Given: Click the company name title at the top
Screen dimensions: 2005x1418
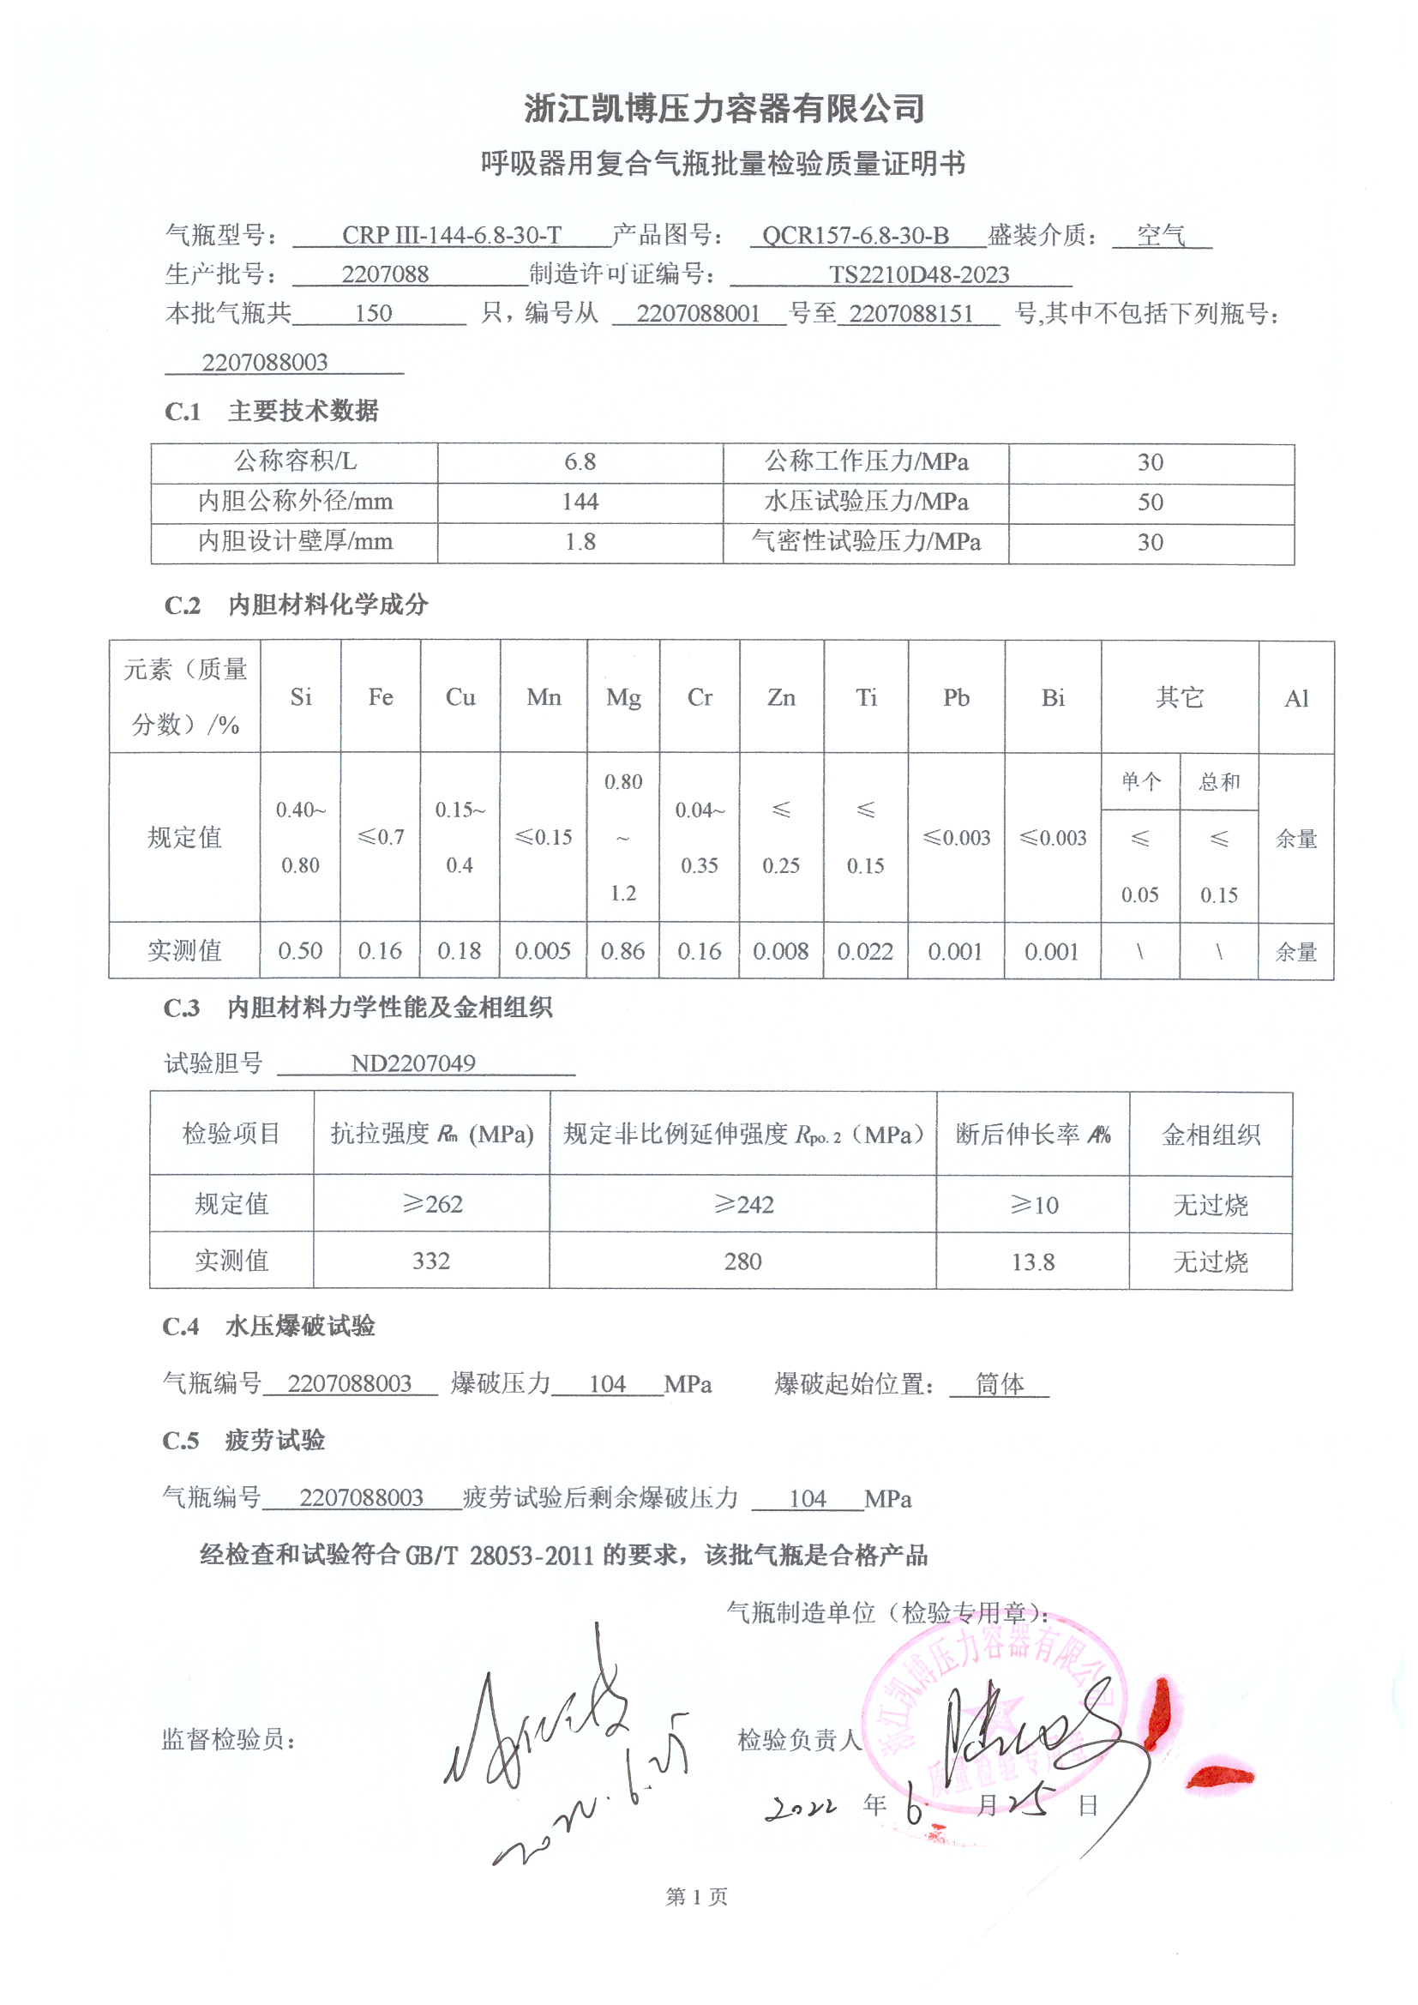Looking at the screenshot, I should (724, 109).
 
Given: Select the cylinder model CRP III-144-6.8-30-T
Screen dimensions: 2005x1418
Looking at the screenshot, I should (452, 235).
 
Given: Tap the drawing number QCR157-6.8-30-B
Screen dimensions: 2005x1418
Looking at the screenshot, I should (855, 235).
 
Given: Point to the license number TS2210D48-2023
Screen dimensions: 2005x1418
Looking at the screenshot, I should (918, 274).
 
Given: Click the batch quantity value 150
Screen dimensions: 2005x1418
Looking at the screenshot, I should (373, 314).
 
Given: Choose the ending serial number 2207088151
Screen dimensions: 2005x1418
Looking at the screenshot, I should (910, 314).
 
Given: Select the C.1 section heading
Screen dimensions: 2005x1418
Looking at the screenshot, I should (271, 411).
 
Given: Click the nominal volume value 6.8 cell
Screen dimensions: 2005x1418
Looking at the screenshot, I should (580, 462).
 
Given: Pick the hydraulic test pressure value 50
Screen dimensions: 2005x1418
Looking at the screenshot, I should (1150, 503).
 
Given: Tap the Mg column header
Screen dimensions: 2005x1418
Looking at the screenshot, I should (623, 697).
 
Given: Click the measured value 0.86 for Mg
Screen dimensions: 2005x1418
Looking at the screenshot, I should (622, 951).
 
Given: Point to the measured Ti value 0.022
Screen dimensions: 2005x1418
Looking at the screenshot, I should (865, 951).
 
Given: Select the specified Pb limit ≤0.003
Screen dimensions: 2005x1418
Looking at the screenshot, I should (956, 838).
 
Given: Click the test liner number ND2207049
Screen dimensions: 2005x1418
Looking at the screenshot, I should (413, 1063).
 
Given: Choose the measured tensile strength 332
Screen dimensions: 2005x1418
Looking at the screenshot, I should (431, 1260).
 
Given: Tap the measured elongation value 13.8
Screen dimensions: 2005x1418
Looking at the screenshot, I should (1033, 1261).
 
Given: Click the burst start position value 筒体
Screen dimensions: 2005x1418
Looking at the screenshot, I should (1000, 1383).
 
